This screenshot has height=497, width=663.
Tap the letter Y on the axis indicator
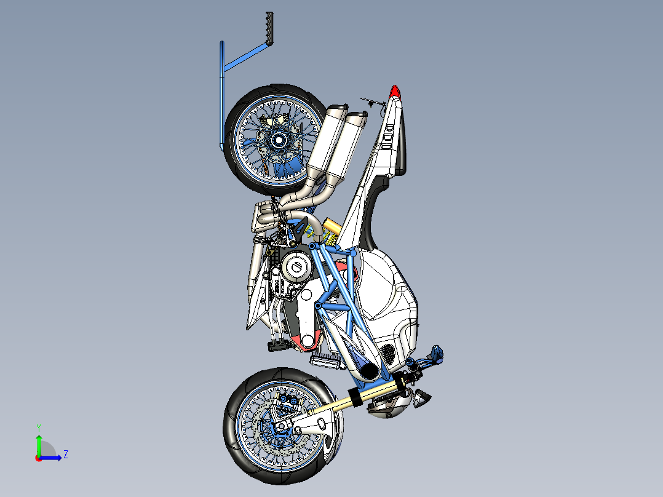coord(38,427)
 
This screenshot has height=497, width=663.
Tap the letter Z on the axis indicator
coord(65,455)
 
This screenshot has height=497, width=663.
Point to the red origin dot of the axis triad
coord(38,458)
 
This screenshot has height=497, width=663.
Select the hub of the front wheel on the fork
coord(281,426)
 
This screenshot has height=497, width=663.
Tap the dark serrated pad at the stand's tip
coord(268,28)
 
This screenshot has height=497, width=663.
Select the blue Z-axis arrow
coord(52,457)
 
